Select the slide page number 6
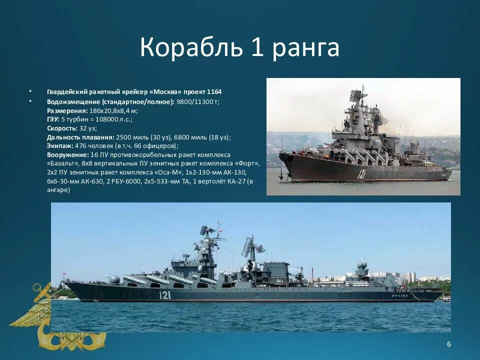point(448,344)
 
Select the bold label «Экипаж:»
point(59,145)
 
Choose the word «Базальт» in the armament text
point(64,163)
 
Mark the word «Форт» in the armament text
point(248,163)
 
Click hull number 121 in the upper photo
point(362,174)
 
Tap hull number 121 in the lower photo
point(165,295)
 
